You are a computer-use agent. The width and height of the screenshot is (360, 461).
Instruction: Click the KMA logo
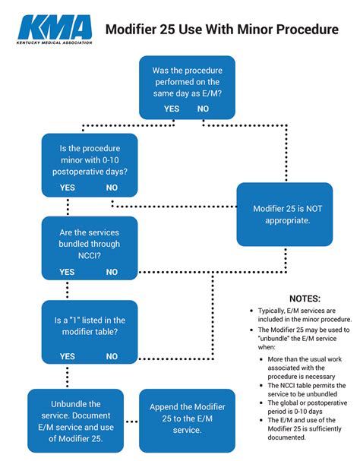pyautogui.click(x=55, y=30)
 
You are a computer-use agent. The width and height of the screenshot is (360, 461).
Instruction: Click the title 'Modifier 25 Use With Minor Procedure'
pyautogui.click(x=222, y=30)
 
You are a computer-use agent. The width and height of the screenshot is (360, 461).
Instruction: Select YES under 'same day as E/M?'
pyautogui.click(x=172, y=109)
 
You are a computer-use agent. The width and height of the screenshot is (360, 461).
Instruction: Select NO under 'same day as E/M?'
pyautogui.click(x=203, y=109)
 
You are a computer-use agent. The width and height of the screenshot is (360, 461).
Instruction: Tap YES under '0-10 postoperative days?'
pyautogui.click(x=68, y=188)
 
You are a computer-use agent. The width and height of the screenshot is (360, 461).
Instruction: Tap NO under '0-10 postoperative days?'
pyautogui.click(x=112, y=188)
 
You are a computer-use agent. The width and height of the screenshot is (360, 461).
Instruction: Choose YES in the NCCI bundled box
pyautogui.click(x=67, y=272)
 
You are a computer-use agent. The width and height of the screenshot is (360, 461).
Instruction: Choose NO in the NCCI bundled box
pyautogui.click(x=112, y=272)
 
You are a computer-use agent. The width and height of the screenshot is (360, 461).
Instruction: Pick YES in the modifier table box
pyautogui.click(x=68, y=356)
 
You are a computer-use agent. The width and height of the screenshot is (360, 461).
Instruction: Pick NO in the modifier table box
pyautogui.click(x=112, y=356)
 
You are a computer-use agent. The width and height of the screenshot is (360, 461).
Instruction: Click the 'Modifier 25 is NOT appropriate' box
pyautogui.click(x=285, y=214)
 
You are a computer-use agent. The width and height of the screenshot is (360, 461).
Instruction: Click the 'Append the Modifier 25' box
pyautogui.click(x=187, y=421)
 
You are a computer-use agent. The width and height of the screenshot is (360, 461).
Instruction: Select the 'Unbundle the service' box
pyautogui.click(x=76, y=421)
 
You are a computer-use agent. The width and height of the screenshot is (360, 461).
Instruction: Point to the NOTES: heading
pyautogui.click(x=305, y=298)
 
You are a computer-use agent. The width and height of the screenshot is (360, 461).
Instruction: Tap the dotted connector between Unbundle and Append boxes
pyautogui.click(x=131, y=422)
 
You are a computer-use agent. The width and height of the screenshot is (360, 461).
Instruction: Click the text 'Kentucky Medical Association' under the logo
pyautogui.click(x=55, y=43)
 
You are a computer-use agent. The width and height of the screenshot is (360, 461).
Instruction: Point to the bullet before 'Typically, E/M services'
pyautogui.click(x=251, y=311)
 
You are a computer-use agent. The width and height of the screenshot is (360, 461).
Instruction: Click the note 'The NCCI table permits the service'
pyautogui.click(x=307, y=390)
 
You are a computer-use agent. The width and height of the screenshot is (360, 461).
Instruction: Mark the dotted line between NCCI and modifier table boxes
pyautogui.click(x=68, y=289)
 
